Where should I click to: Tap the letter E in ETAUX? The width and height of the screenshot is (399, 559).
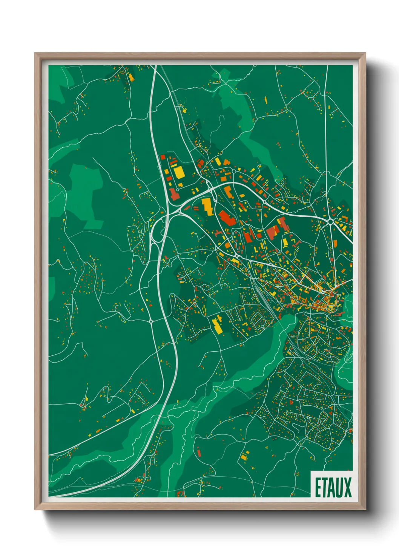tap(318, 488)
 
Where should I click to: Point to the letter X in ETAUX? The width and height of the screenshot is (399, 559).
tap(347, 488)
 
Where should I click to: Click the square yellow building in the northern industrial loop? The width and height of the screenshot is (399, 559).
tap(179, 171)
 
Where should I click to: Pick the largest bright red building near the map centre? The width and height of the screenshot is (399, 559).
tap(226, 218)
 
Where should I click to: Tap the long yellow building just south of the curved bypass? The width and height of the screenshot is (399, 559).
tap(207, 206)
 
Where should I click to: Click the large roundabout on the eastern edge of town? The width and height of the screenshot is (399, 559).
tap(330, 221)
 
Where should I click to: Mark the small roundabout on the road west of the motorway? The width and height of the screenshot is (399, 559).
tap(151, 321)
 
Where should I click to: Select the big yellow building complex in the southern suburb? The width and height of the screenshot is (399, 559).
tap(218, 325)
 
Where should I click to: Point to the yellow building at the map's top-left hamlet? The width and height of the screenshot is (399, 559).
tap(131, 77)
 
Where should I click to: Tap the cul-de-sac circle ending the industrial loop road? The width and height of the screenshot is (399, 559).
tap(177, 189)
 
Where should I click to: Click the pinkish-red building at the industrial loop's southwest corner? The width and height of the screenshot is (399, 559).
tap(174, 194)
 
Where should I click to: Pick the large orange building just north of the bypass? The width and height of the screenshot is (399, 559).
tap(229, 191)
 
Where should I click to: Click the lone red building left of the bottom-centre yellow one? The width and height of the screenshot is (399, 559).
tap(198, 452)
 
